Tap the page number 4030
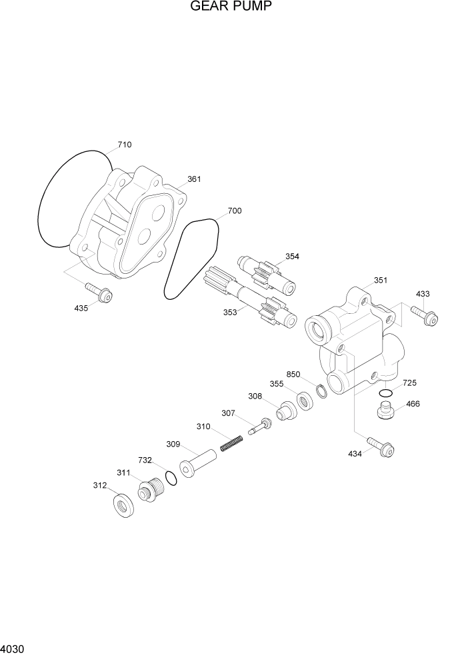13,648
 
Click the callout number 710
124,145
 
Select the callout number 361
194,179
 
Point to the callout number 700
234,211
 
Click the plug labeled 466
385,411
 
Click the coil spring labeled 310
231,442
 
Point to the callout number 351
381,281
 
